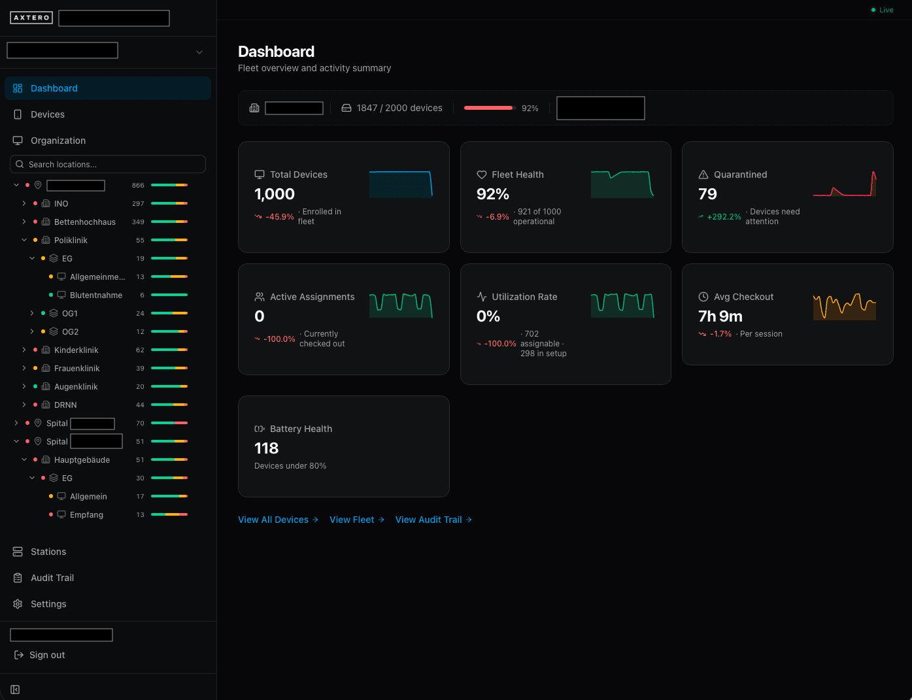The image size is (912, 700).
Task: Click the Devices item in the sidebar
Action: coord(47,114)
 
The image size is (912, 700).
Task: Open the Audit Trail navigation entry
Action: coord(52,578)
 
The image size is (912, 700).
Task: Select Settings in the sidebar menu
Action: coord(48,604)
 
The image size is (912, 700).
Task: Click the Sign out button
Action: coord(46,655)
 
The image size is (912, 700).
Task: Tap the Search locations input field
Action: coord(108,164)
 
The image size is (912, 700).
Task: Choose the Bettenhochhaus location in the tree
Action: coord(84,222)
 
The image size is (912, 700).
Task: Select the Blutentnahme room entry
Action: coord(95,295)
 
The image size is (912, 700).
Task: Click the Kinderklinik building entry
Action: coord(76,350)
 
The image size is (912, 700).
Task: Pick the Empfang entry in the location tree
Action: coord(86,515)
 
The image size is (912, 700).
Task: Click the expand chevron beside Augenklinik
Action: coord(24,387)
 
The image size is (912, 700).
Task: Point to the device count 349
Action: coord(138,222)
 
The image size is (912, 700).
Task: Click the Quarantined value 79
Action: coord(707,194)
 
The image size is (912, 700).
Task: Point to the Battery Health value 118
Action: coord(266,448)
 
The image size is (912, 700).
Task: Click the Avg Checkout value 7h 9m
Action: coord(720,316)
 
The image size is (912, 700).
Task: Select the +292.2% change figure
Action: coord(724,217)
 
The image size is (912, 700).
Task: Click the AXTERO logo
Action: coord(31,18)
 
